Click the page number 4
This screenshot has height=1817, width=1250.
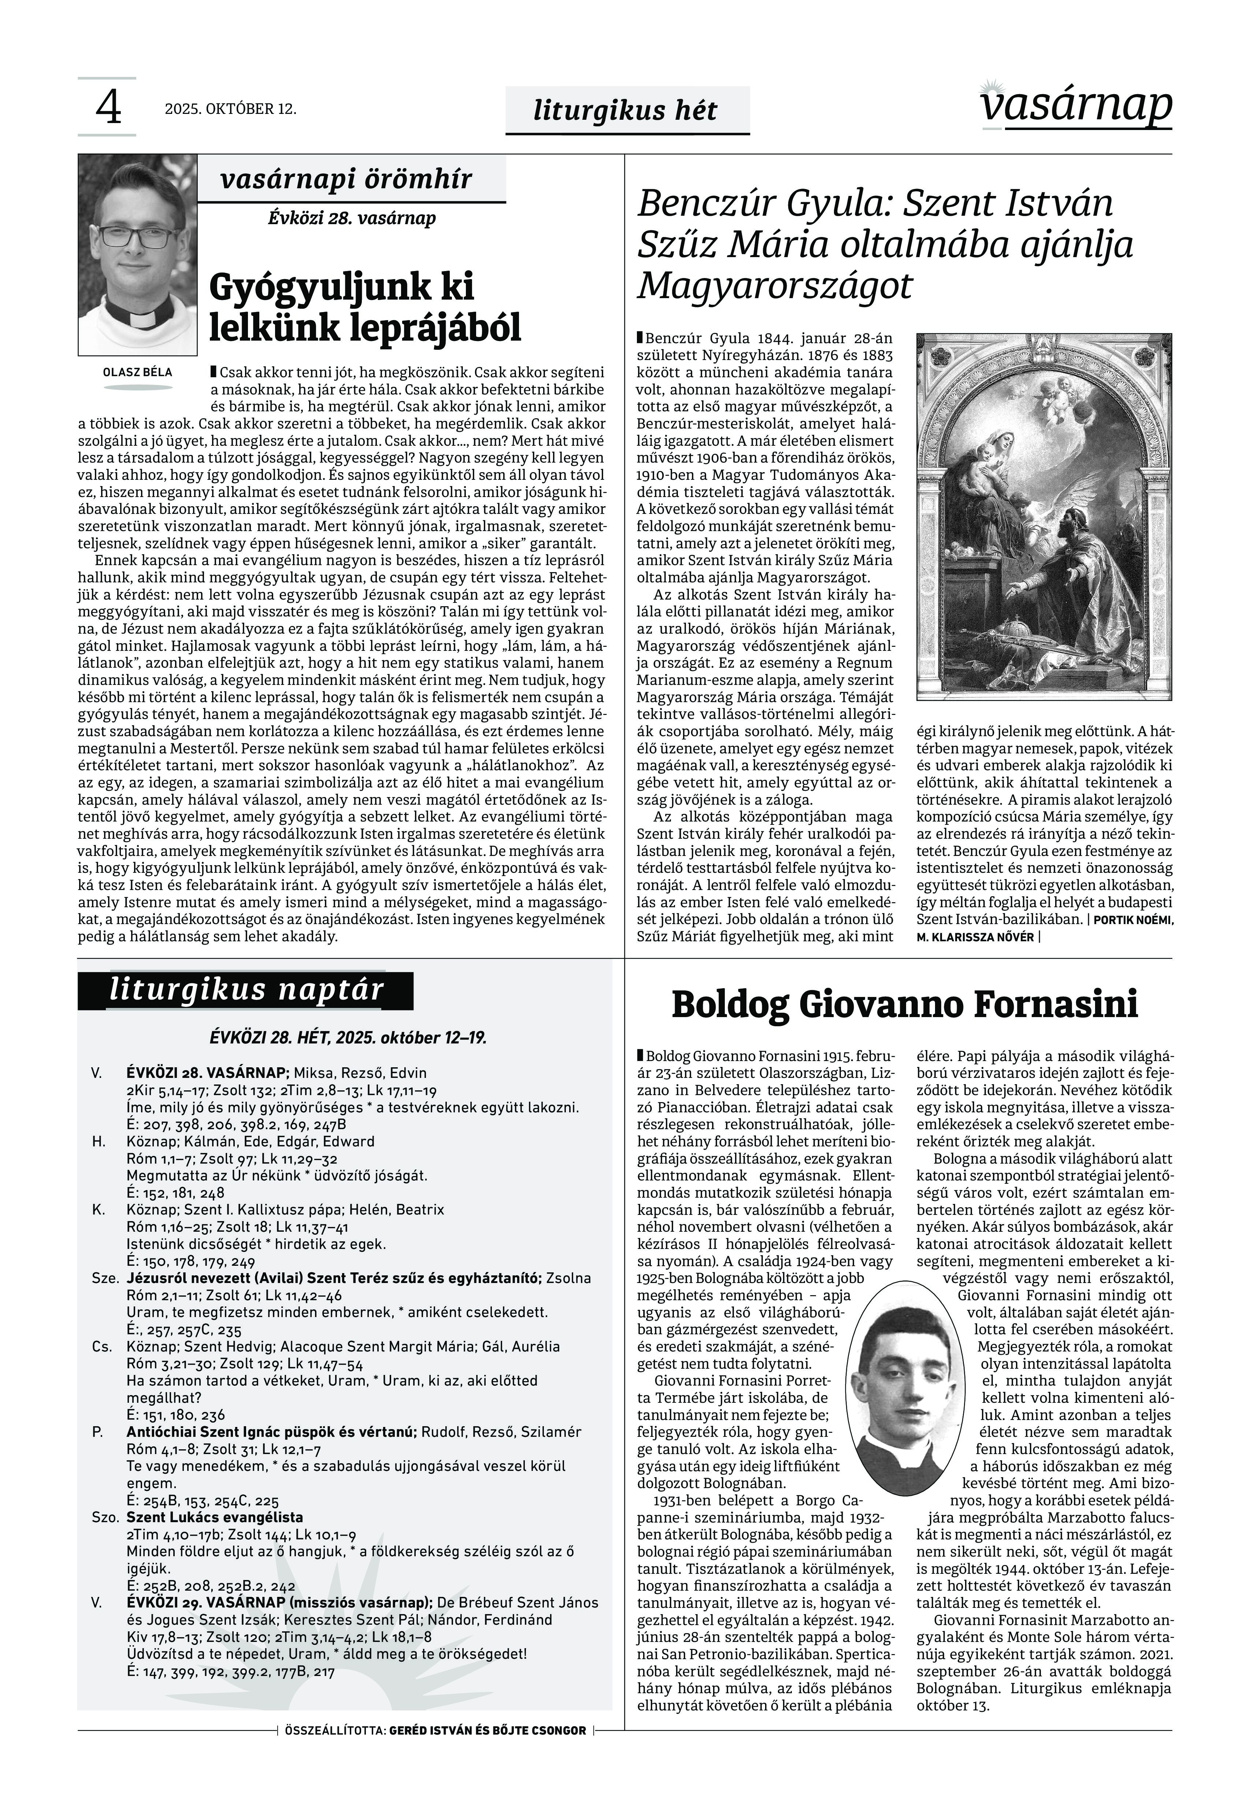click(108, 108)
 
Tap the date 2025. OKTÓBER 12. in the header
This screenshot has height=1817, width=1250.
click(230, 109)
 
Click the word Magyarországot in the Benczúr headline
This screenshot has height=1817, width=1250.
click(775, 285)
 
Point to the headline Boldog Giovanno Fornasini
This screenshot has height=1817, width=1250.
click(905, 1005)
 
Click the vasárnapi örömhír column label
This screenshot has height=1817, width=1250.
click(346, 179)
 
